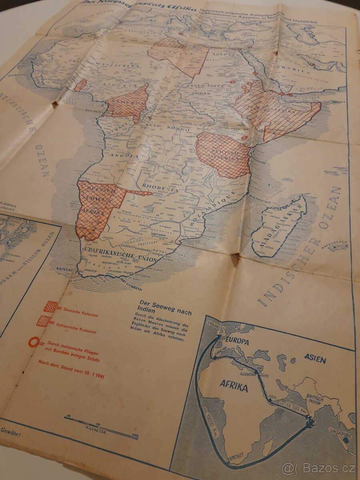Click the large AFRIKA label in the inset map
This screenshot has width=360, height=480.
234,387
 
